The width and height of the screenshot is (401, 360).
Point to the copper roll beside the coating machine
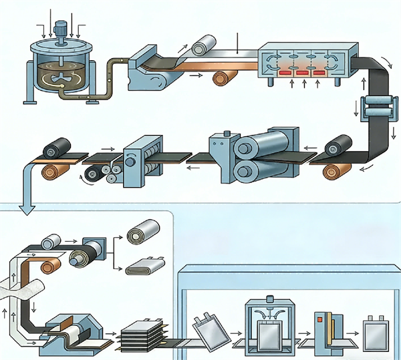222,78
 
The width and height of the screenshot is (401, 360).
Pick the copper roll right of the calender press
334,171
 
